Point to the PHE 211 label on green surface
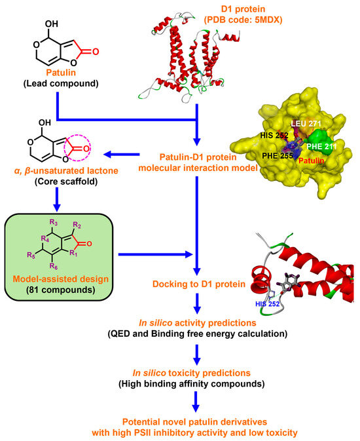tap(321, 147)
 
